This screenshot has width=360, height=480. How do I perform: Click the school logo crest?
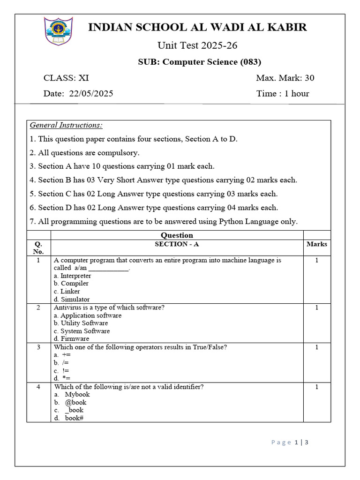coord(58,31)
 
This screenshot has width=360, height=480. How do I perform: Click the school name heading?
coord(198,27)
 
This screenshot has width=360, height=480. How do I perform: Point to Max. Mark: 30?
coord(285,78)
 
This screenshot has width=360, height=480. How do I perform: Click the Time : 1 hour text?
coord(283,93)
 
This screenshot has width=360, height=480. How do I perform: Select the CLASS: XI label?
coord(66,78)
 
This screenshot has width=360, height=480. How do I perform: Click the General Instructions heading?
coord(66,125)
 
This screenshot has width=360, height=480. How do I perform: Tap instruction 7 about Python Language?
coord(164,221)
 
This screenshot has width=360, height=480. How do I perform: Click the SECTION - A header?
coord(177,244)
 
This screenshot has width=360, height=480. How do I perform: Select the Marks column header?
coord(317,244)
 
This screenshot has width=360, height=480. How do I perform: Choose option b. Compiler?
coord(71,283)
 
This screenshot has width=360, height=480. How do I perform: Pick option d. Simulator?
coord(72,299)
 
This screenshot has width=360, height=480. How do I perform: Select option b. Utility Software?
coord(81,323)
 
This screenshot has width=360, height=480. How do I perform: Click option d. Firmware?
coord(71,338)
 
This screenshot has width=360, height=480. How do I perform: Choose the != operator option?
coord(62,370)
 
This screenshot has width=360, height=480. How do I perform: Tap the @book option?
coord(75,402)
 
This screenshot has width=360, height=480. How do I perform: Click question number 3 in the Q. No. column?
coord(38,347)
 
